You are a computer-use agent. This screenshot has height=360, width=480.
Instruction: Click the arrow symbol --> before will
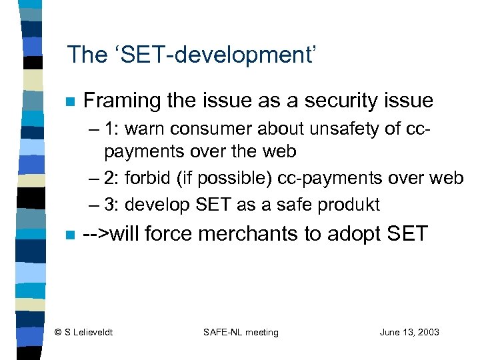95,235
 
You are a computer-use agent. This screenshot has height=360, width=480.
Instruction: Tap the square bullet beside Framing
70,103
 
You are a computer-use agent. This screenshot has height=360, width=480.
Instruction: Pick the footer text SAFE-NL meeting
241,332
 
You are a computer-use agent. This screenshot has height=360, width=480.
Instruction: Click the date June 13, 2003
409,332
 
